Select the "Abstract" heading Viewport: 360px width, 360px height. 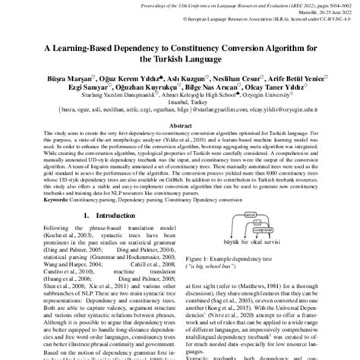pyautogui.click(x=180, y=122)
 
